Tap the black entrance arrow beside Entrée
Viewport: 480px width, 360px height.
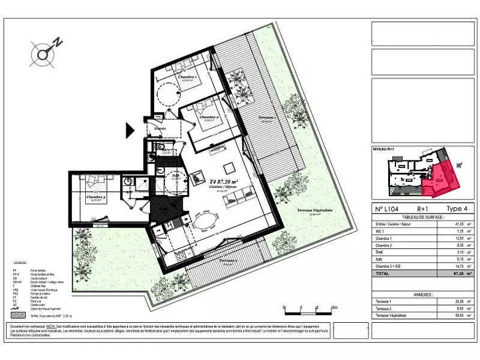click(130, 129)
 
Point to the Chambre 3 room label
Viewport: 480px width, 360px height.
click(96, 197)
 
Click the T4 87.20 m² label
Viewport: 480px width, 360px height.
click(224, 181)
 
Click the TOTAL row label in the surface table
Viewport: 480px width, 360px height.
click(382, 273)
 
